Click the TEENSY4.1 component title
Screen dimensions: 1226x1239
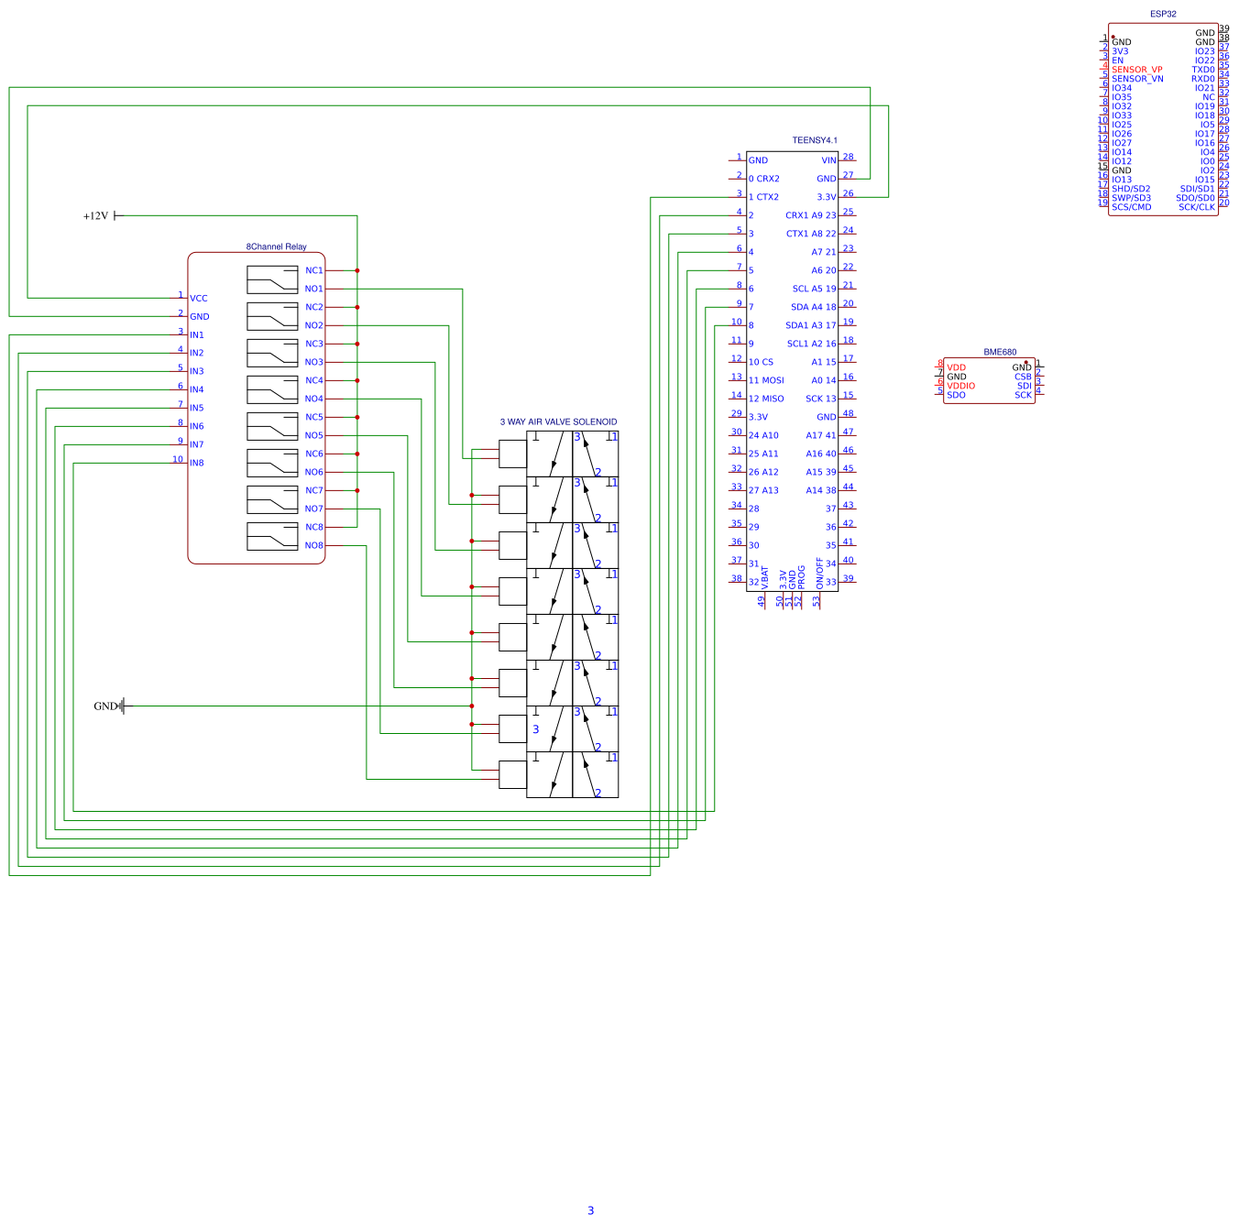coord(814,140)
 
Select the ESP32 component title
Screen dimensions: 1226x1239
coord(1163,14)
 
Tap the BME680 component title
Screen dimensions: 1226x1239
coord(1000,352)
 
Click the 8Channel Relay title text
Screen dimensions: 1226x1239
coord(276,246)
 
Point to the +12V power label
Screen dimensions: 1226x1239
coord(95,216)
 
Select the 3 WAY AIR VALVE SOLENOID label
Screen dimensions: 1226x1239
coord(558,422)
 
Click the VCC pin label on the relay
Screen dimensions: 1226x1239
coord(198,298)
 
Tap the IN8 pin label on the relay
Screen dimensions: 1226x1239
coord(196,463)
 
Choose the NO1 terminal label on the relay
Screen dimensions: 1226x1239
coord(313,289)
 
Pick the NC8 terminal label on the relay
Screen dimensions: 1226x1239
coord(313,527)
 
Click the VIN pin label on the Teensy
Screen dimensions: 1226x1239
coord(828,160)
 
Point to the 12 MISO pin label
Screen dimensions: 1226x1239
coord(766,399)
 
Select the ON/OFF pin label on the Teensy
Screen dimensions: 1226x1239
coord(819,574)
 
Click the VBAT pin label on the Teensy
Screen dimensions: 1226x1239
coord(764,576)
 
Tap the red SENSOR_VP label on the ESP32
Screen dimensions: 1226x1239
coord(1136,70)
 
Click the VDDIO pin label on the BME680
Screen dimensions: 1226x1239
coord(960,386)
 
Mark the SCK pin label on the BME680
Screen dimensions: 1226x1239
coord(1023,395)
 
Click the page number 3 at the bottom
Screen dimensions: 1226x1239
coord(590,1210)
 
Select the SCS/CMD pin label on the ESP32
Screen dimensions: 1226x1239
coord(1131,207)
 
